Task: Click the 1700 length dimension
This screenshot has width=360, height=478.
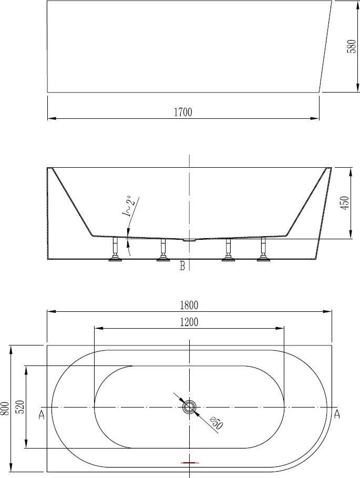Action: [x=183, y=112]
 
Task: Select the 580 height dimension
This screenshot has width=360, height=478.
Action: [x=352, y=46]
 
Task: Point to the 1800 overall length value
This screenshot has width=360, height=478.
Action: [x=189, y=305]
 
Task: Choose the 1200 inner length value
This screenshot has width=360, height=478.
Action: [x=189, y=322]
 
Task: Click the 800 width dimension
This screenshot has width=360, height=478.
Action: [x=5, y=408]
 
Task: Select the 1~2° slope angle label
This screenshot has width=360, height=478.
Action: [x=129, y=206]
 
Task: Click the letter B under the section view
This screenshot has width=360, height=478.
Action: [x=182, y=266]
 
